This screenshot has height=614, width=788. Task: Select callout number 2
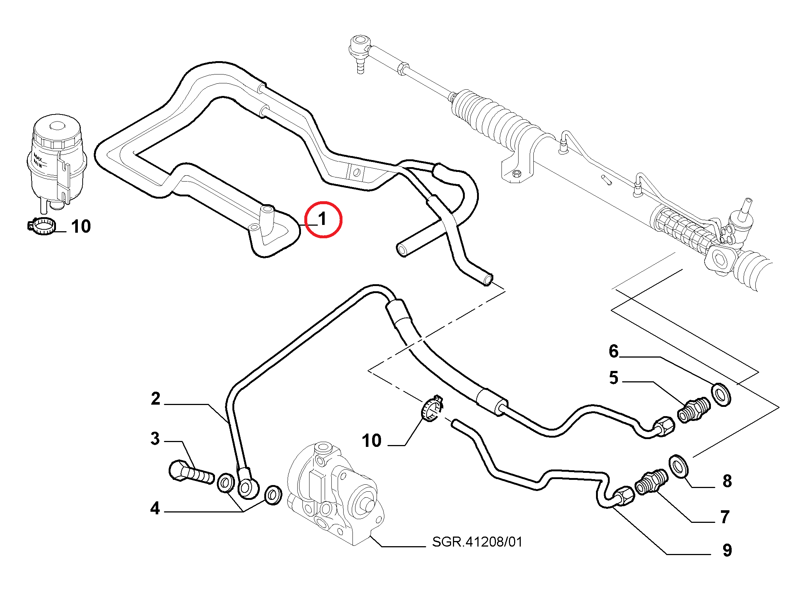(156, 399)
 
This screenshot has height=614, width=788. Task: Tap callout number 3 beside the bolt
(155, 438)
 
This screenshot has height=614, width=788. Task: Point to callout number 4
(155, 508)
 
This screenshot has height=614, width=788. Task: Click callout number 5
(614, 378)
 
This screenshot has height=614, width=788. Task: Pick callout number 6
(614, 351)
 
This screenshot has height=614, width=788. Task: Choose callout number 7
(725, 517)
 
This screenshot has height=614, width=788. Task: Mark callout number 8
(727, 481)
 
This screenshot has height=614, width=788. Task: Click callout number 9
(727, 550)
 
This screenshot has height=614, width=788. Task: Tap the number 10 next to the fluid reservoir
(81, 226)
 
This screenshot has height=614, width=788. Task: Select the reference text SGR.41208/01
(477, 542)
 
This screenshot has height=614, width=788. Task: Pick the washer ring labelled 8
(679, 467)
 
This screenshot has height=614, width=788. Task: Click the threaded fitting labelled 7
(651, 482)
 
